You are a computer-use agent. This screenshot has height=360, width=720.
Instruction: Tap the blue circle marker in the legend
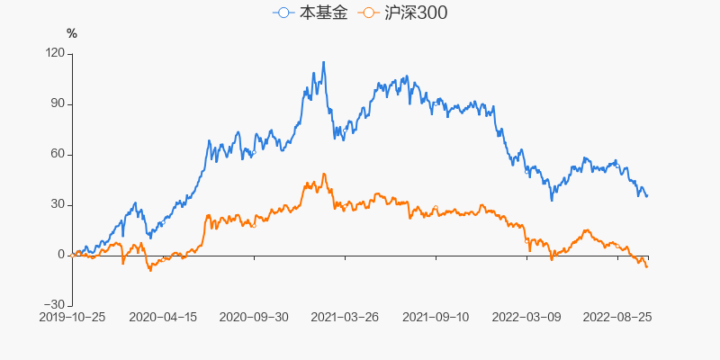(284, 13)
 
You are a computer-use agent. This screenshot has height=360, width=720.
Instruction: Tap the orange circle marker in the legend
(368, 13)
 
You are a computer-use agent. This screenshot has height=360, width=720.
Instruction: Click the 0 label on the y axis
(61, 255)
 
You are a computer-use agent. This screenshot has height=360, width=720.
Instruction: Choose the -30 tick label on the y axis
(55, 305)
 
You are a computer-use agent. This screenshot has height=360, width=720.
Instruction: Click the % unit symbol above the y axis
(72, 33)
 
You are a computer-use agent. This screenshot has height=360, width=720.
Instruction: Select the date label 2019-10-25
(72, 317)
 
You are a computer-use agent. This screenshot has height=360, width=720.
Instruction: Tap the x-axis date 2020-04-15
(163, 317)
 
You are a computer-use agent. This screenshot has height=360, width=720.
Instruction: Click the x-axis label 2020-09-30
(254, 317)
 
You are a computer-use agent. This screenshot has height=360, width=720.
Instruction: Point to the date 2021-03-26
(345, 317)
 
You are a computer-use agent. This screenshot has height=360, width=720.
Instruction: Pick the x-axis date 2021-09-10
(436, 317)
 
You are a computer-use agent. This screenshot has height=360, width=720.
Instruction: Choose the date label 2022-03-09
(526, 317)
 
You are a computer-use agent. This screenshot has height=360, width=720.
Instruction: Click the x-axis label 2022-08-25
(617, 317)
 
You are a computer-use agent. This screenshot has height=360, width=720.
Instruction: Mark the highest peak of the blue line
(323, 62)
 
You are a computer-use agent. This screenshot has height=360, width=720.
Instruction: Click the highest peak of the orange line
(323, 174)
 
